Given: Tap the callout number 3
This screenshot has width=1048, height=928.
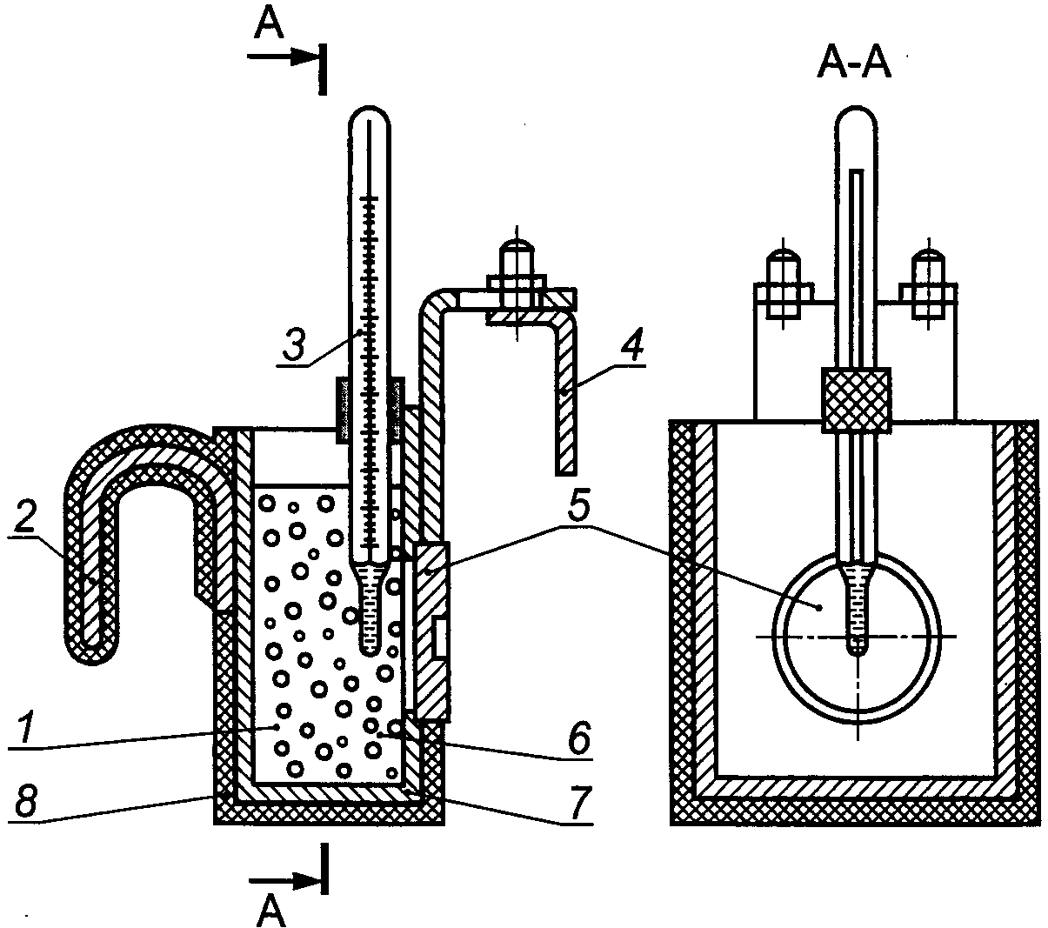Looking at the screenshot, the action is pyautogui.click(x=296, y=343).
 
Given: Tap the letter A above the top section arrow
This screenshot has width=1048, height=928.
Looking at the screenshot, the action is pyautogui.click(x=269, y=24).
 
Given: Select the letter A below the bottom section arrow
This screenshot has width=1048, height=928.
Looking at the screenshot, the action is pyautogui.click(x=270, y=910).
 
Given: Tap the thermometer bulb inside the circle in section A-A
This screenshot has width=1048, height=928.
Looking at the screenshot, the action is pyautogui.click(x=857, y=611).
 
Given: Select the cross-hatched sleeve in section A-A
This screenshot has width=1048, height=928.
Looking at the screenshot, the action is pyautogui.click(x=856, y=400).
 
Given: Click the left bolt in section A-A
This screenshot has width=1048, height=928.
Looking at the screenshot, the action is pyautogui.click(x=783, y=290).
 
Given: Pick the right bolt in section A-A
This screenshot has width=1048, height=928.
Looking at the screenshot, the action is pyautogui.click(x=929, y=290).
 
